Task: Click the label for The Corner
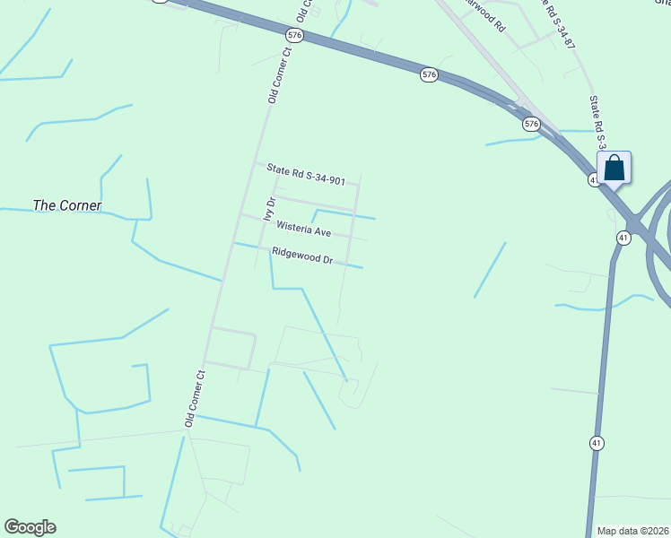pos(67,205)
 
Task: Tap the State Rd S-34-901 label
pos(306,174)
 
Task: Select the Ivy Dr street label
pos(267,208)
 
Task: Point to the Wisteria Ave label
pos(304,230)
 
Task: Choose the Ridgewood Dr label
pos(303,256)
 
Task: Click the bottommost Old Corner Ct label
pos(196,396)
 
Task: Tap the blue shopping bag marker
pos(614,168)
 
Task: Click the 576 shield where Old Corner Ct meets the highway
pos(295,34)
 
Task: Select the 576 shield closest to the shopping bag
pos(532,124)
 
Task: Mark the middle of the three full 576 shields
pos(429,76)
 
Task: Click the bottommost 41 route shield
pos(597,443)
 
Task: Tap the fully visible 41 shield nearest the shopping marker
pos(623,237)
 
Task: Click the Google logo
pos(30,527)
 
